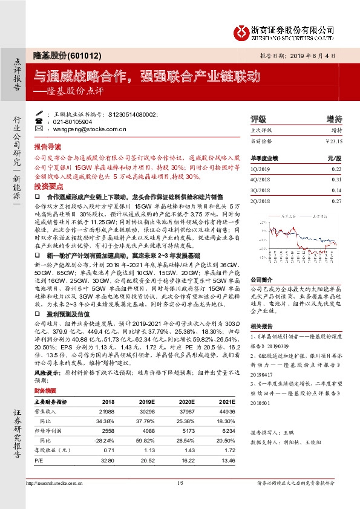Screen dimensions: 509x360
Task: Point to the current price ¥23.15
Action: click(333, 141)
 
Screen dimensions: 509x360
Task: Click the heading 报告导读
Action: click(47, 147)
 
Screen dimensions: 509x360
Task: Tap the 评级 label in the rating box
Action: click(258, 118)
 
